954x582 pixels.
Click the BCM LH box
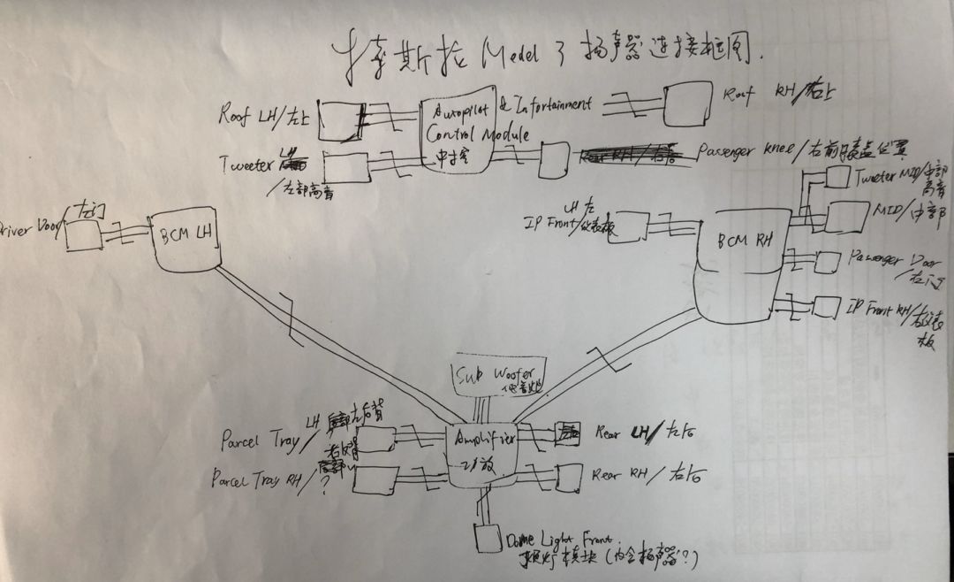185,240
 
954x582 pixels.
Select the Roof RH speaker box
687,104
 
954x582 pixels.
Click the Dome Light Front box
483,538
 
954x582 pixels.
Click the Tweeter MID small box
835,177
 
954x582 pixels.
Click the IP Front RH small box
825,307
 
